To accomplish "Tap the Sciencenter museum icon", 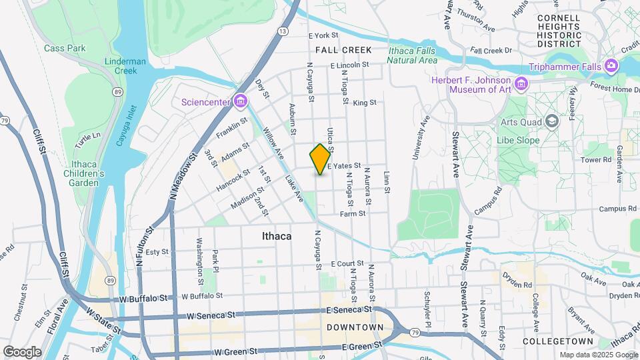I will point(240,102).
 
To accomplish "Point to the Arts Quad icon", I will point(551,121).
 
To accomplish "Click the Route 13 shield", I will point(284,31).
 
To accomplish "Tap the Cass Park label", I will point(65,48).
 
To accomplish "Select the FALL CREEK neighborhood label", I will point(343,50).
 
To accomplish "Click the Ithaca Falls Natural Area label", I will point(413,55).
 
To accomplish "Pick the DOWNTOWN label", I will point(355,327).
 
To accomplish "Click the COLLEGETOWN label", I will point(555,341).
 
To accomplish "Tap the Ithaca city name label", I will point(276,236).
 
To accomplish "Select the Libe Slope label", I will point(519,141).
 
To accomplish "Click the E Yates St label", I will point(344,165).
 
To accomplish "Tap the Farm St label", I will point(353,214).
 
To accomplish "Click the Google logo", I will point(22,351).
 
